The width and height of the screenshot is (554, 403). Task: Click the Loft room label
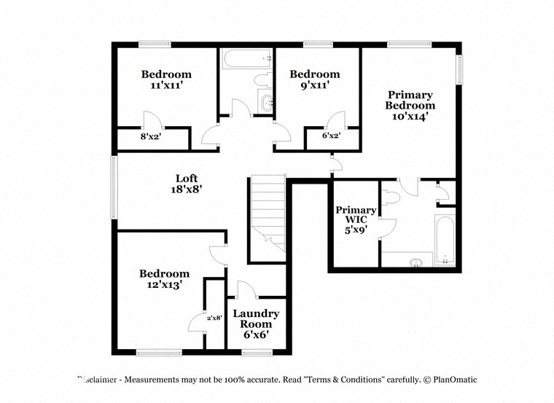pyautogui.click(x=186, y=179)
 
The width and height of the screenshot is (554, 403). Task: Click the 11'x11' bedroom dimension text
pyautogui.click(x=166, y=85)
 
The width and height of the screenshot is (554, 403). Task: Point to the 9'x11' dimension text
pyautogui.click(x=314, y=85)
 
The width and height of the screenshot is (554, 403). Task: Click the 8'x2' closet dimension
pyautogui.click(x=149, y=136)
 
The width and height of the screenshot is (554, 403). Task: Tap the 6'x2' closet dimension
pyautogui.click(x=331, y=136)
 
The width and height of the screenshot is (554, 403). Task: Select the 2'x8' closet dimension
pyautogui.click(x=214, y=317)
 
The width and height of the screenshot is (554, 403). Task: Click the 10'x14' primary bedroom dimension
pyautogui.click(x=410, y=116)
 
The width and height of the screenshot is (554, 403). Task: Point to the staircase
pyautogui.click(x=267, y=211)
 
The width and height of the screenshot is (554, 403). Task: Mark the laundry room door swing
pyautogui.click(x=246, y=290)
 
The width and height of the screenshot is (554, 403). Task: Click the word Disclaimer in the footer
pyautogui.click(x=99, y=380)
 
